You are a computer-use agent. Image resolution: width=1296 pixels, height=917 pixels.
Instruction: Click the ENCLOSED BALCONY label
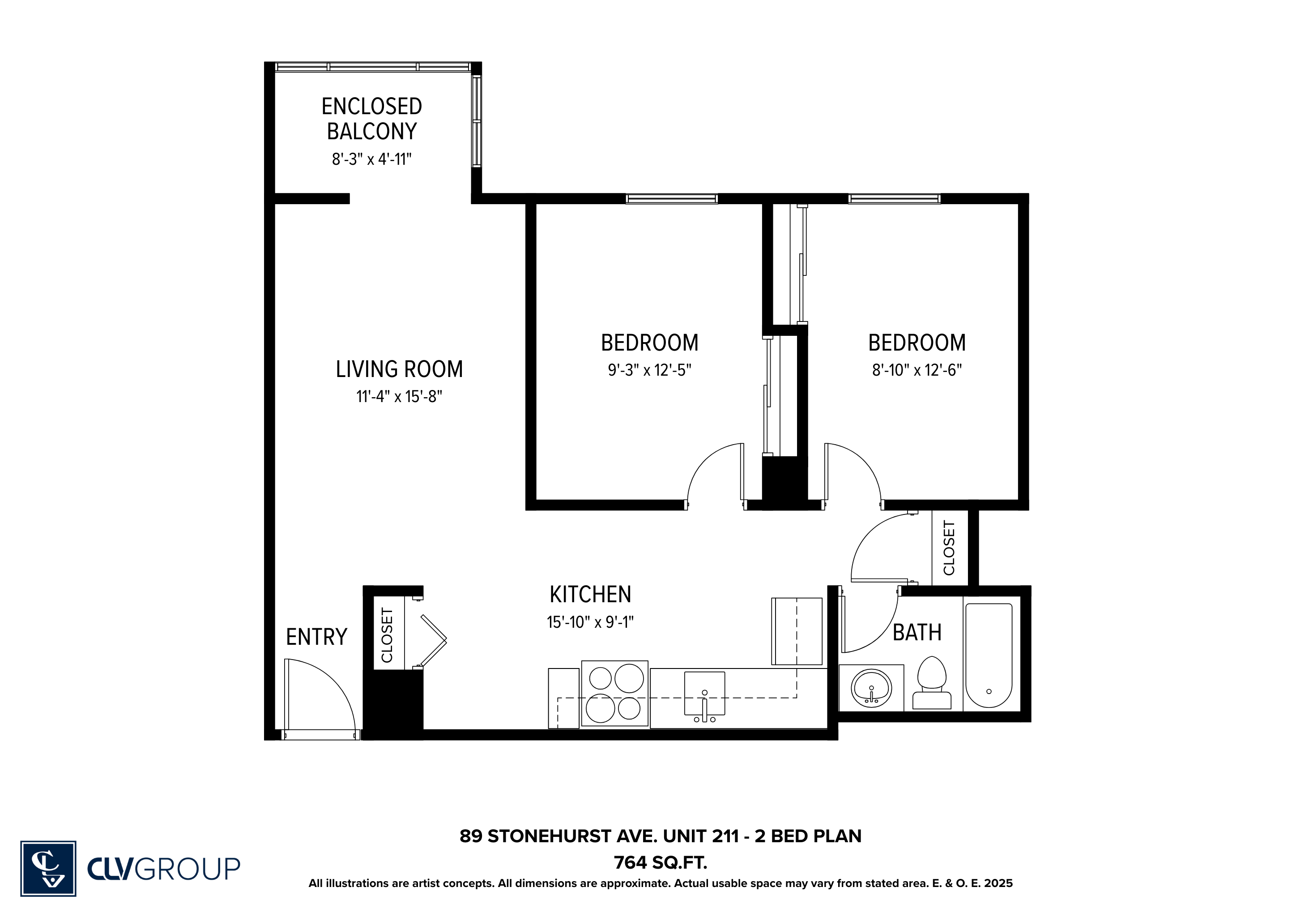pyautogui.click(x=371, y=119)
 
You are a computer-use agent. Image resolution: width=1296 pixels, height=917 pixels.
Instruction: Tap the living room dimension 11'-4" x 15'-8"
pyautogui.click(x=399, y=396)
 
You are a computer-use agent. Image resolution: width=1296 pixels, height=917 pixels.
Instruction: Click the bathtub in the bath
pyautogui.click(x=989, y=655)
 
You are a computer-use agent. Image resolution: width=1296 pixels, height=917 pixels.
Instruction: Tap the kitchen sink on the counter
pyautogui.click(x=704, y=694)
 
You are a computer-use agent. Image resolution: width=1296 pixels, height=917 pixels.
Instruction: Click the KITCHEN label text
pyautogui.click(x=590, y=594)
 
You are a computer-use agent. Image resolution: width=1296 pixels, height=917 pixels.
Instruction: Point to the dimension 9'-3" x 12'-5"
pyautogui.click(x=649, y=370)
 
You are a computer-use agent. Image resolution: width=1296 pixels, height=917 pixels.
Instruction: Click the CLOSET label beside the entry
pyautogui.click(x=387, y=635)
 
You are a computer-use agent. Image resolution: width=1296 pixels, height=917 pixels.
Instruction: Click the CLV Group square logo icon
pyautogui.click(x=48, y=869)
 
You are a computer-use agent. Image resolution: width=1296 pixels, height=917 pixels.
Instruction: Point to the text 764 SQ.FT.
pyautogui.click(x=661, y=863)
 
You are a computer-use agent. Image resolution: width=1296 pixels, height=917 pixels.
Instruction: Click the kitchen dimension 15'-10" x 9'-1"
pyautogui.click(x=590, y=621)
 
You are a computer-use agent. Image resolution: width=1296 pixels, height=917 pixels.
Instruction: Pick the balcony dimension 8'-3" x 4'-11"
pyautogui.click(x=371, y=159)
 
